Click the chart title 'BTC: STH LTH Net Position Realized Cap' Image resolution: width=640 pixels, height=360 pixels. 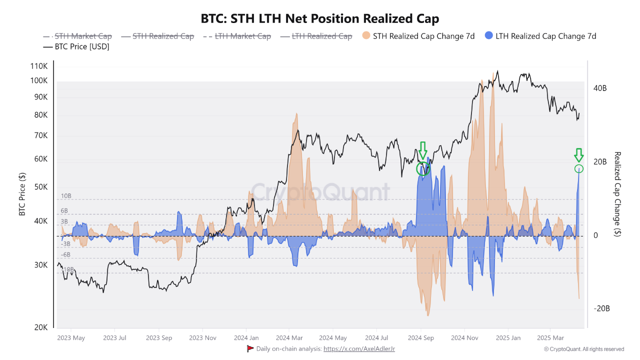[319, 19]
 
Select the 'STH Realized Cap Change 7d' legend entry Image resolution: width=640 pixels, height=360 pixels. [418, 36]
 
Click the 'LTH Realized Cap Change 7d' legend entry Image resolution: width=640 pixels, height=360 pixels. [540, 36]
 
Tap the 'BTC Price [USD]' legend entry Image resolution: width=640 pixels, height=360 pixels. [76, 46]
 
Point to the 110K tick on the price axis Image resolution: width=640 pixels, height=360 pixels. [38, 66]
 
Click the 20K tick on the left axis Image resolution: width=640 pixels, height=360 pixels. [40, 327]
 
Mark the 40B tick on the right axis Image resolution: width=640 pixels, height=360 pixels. [600, 88]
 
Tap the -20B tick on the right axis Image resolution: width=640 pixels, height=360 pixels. [601, 308]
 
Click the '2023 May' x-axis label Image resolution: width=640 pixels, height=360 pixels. [71, 338]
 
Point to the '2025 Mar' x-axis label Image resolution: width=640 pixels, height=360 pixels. [550, 338]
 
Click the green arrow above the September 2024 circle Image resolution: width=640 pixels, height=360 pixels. [423, 150]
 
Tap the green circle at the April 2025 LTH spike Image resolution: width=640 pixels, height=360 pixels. [579, 169]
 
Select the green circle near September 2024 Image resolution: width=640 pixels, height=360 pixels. [423, 168]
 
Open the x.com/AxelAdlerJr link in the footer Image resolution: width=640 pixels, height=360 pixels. [359, 348]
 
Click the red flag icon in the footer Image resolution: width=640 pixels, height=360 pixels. [250, 348]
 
